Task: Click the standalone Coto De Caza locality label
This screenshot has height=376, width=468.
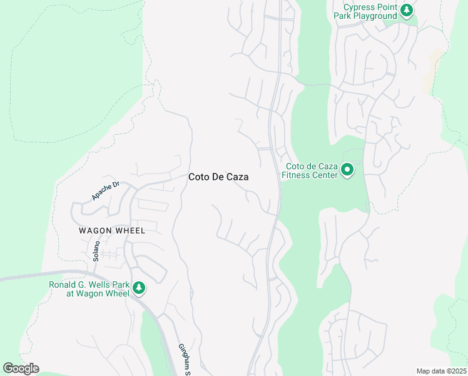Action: (218, 177)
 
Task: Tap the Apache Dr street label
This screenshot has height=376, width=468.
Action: (105, 191)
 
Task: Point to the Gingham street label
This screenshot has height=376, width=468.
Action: (184, 359)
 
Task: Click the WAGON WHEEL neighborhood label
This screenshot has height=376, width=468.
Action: (112, 231)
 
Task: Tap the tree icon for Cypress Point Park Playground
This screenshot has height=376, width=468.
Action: (407, 10)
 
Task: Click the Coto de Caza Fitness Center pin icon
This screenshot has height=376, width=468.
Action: (347, 170)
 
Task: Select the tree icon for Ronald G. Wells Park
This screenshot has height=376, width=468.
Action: (139, 288)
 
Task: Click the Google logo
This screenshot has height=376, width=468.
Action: (21, 368)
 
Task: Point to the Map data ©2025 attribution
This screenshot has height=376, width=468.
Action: (441, 371)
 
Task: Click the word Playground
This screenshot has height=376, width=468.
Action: (375, 16)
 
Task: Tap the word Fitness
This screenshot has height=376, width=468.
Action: (296, 175)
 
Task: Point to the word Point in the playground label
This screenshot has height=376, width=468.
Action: (381, 7)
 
